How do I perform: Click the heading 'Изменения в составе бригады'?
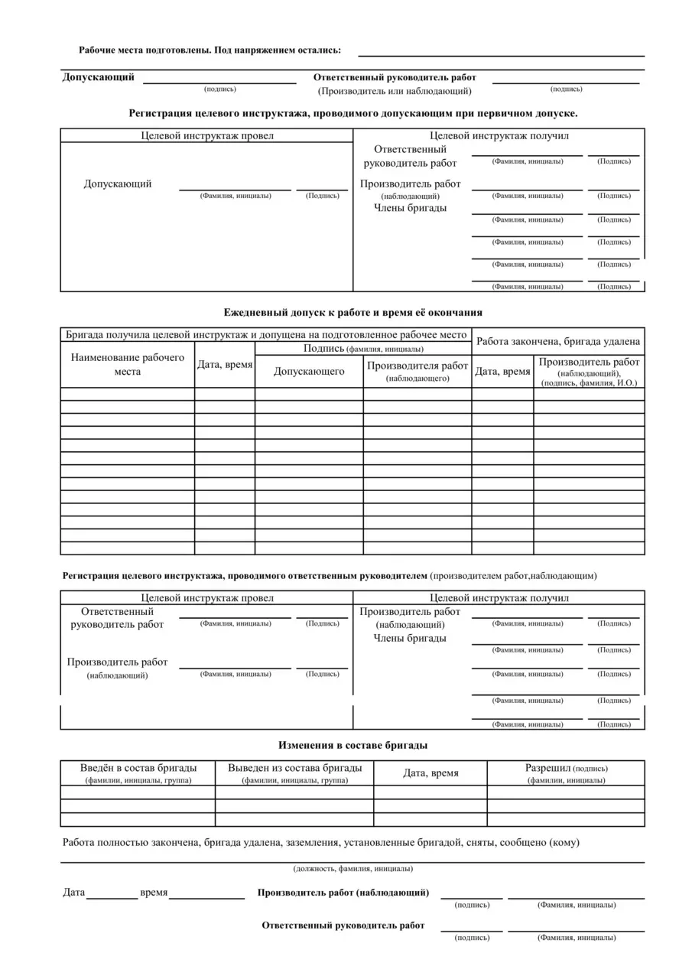352,745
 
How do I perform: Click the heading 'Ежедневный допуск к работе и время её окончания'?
352,313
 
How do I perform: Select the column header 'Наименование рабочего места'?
128,365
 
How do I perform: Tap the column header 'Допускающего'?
309,372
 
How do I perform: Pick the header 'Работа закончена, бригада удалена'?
558,342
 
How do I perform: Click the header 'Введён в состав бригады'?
138,768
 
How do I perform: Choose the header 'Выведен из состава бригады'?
295,768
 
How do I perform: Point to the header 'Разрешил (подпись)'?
566,768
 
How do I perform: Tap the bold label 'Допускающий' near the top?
98,77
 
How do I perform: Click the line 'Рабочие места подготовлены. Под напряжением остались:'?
210,50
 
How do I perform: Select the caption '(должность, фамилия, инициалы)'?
352,869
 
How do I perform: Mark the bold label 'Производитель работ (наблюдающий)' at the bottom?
343,893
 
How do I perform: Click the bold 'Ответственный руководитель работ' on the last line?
343,925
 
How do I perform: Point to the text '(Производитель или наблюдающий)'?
395,92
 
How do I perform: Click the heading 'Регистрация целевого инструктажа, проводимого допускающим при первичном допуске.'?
352,113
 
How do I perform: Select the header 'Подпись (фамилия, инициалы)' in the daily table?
362,349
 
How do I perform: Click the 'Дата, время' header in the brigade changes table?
430,773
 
